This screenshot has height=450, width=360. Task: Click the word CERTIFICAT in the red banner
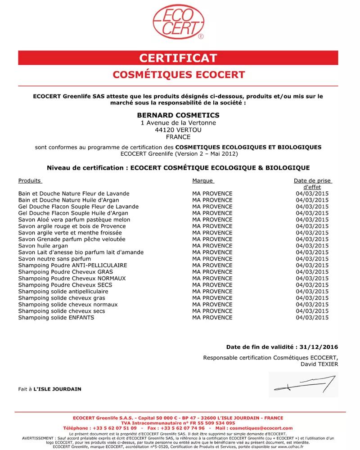click(x=178, y=58)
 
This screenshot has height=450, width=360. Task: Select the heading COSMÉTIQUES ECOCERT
click(x=178, y=74)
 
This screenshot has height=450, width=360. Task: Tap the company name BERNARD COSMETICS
click(x=178, y=115)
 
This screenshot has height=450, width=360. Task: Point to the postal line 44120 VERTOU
click(x=178, y=130)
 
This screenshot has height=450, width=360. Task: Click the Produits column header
click(x=29, y=180)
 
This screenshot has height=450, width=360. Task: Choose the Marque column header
click(x=202, y=180)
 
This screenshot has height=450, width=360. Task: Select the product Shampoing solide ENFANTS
click(x=56, y=317)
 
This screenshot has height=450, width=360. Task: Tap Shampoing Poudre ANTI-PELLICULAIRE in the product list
click(x=72, y=265)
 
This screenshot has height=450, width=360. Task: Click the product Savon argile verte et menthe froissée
click(x=70, y=233)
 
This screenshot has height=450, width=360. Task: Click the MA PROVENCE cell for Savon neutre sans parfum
click(x=212, y=259)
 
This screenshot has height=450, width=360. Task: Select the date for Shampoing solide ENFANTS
click(x=312, y=317)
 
